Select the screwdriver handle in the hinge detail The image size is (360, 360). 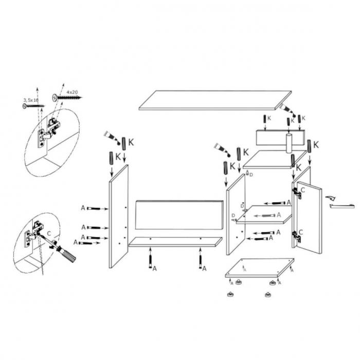(x=67, y=255)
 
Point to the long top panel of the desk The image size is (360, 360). (x=215, y=100)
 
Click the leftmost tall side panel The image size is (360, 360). (x=118, y=216)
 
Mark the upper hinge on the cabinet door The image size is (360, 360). (x=297, y=192)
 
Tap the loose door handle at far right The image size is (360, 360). (x=342, y=206)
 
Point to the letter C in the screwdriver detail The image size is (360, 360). (x=49, y=233)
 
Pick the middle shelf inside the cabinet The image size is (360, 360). (x=263, y=218)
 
